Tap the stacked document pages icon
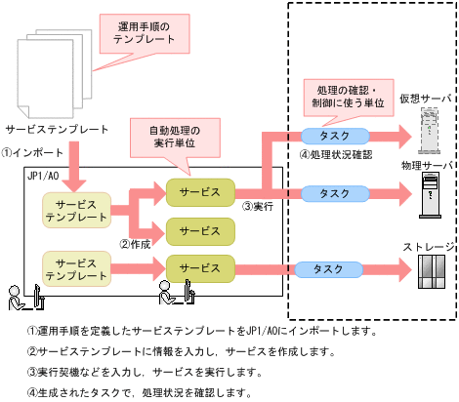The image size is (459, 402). (54, 73)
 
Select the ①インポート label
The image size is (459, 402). (33, 152)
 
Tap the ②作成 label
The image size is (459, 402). (136, 243)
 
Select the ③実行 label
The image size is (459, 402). (257, 207)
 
